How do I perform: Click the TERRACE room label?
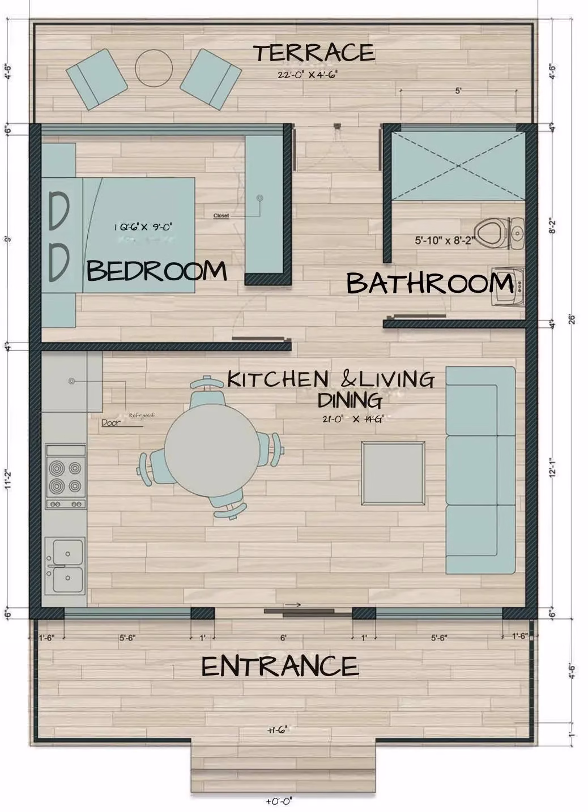314,53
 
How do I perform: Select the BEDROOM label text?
157,271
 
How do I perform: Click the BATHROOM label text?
429,283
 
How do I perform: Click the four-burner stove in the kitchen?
66,477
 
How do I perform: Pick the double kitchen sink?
65,565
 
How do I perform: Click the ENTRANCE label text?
280,666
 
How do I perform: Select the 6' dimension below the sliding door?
283,638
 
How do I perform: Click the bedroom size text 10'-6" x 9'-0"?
143,227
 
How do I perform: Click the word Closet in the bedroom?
221,216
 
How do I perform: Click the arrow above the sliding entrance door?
293,605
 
